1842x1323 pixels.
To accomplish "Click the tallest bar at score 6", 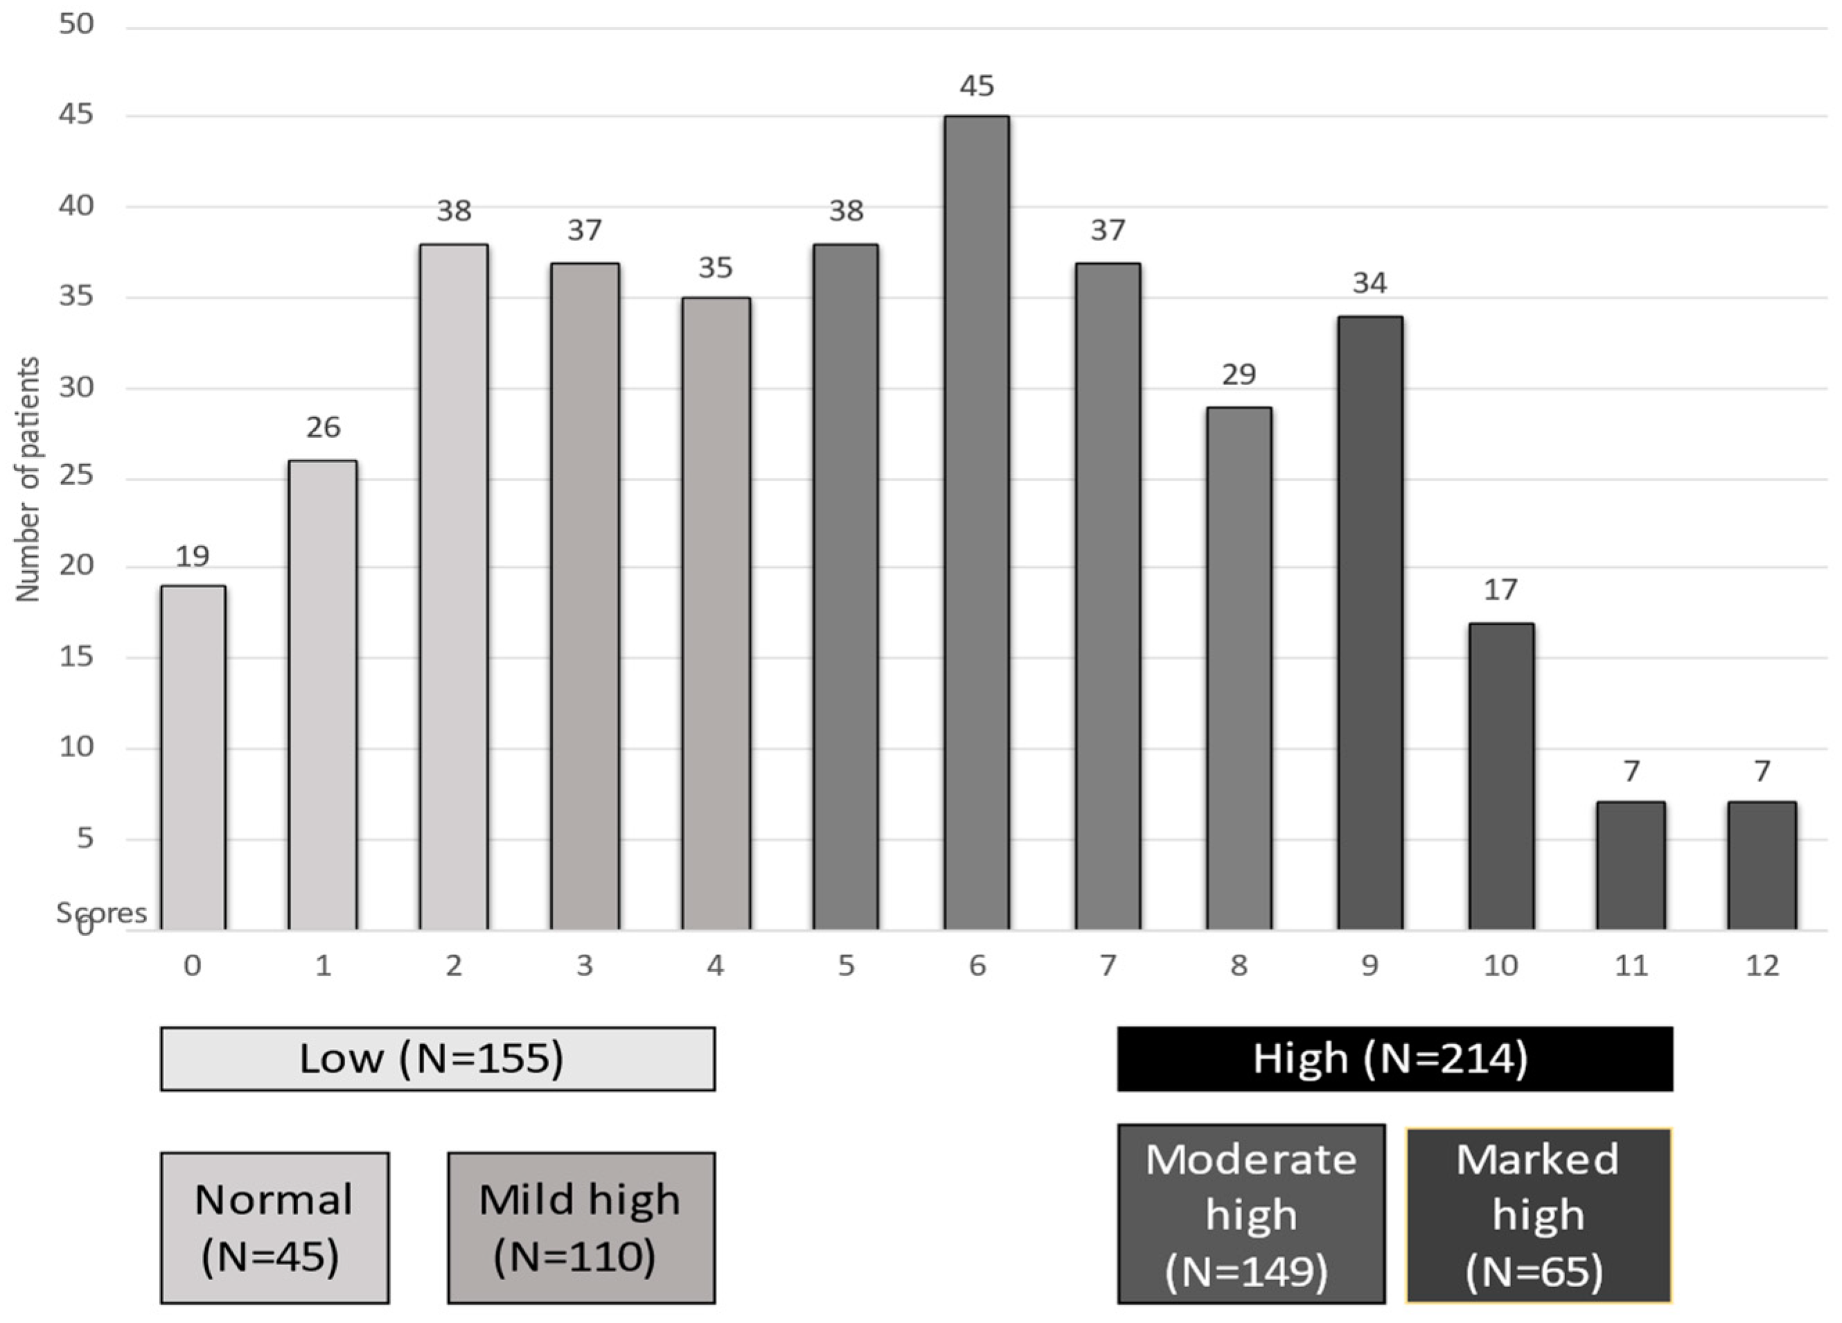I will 976,523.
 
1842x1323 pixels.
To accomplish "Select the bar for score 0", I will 193,757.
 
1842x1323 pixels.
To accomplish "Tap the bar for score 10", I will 1501,776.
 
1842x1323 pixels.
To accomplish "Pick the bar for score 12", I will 1762,866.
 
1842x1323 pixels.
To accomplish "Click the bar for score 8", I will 1239,668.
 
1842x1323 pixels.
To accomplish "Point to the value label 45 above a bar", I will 976,86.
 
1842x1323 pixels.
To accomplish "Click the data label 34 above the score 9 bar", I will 1370,283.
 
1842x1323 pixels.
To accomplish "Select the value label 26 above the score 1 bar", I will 324,427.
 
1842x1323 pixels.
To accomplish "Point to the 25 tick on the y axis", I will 76,474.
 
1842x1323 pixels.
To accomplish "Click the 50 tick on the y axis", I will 76,24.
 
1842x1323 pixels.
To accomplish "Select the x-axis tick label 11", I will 1631,966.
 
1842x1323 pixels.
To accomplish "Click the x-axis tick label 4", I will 715,966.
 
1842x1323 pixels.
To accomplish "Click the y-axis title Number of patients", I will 28,479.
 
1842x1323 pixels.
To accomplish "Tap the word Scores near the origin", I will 102,913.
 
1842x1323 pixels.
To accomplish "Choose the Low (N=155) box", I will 438,1058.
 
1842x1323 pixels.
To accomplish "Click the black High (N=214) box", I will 1394,1058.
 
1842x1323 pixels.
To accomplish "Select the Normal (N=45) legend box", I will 274,1227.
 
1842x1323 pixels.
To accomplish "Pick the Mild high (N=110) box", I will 581,1227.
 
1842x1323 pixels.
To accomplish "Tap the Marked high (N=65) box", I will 1537,1215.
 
